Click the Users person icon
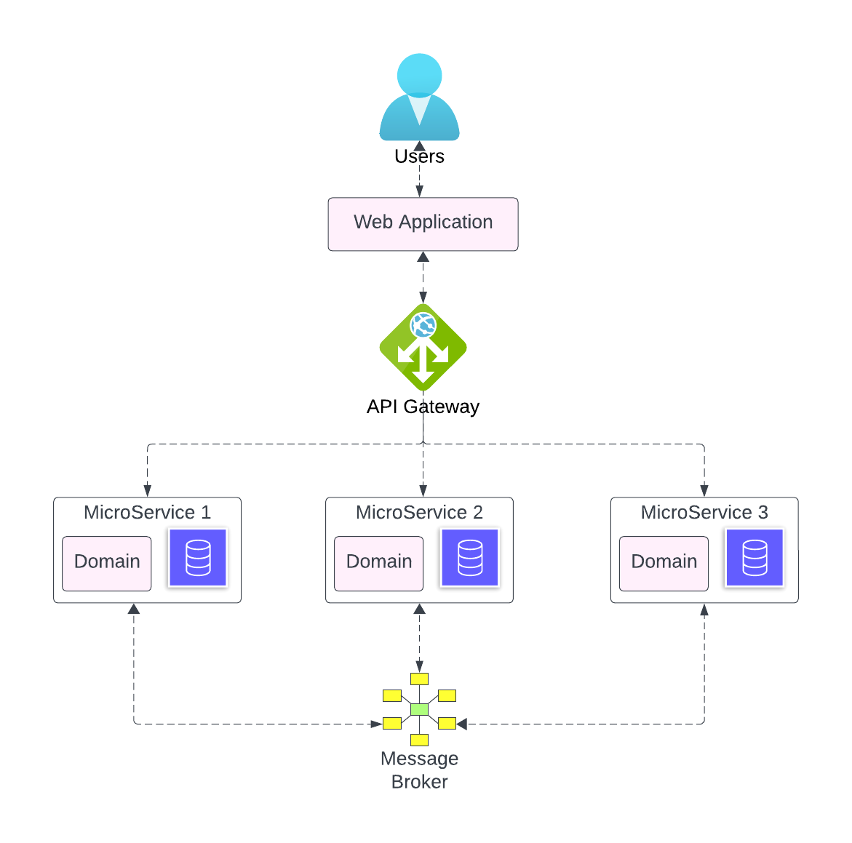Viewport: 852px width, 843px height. [x=419, y=98]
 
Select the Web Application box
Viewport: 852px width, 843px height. [x=423, y=224]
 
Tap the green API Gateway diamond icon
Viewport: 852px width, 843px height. [x=423, y=348]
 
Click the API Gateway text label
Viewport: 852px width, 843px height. [x=423, y=407]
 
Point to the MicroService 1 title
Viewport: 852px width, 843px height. [x=147, y=513]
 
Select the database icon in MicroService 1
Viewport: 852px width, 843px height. [x=198, y=558]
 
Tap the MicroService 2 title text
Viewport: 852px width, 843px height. [x=419, y=513]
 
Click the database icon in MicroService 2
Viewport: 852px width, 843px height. [x=470, y=558]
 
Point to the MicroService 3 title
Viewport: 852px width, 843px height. [x=704, y=513]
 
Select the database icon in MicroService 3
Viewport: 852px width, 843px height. [x=755, y=558]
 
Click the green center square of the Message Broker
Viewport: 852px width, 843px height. [x=419, y=709]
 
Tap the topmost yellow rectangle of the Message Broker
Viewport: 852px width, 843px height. [x=419, y=679]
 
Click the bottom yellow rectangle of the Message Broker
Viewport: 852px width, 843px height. [x=419, y=740]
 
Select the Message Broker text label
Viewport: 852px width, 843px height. [x=419, y=770]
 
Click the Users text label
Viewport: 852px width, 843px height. [x=419, y=156]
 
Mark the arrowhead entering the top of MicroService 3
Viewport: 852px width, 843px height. [x=704, y=491]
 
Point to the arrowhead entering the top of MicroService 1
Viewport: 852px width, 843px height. [x=148, y=491]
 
